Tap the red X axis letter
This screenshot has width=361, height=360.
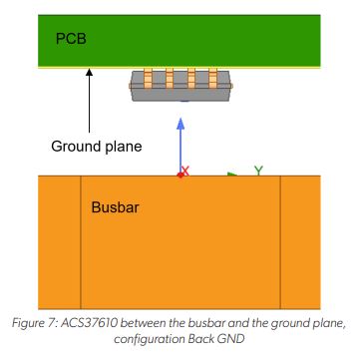(x=184, y=171)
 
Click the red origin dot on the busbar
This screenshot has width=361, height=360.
(x=180, y=176)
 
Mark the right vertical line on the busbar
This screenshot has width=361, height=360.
(x=280, y=240)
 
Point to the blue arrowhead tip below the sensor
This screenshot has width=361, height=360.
(x=180, y=121)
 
